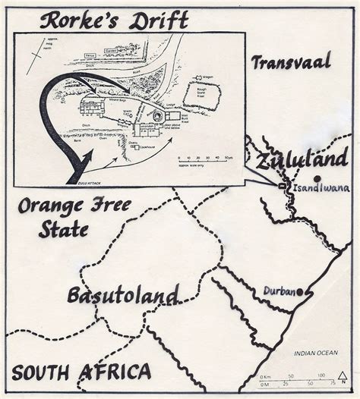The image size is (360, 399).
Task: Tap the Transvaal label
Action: [x=292, y=61]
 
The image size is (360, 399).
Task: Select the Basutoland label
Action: [x=122, y=294]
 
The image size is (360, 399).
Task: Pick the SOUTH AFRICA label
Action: [x=81, y=372]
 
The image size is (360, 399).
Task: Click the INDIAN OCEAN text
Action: [x=317, y=352]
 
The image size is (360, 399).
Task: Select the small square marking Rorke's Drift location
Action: [x=282, y=186]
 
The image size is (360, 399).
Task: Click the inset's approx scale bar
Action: [x=205, y=159]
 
